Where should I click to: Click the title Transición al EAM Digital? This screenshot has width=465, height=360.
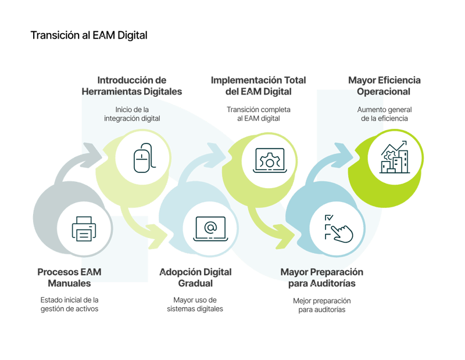[x=88, y=36]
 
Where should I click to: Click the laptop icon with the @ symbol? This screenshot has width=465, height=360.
[x=210, y=227]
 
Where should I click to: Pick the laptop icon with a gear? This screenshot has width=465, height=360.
[x=270, y=158]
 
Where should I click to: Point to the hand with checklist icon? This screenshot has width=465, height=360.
[x=338, y=227]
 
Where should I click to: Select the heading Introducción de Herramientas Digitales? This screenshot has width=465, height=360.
[x=139, y=86]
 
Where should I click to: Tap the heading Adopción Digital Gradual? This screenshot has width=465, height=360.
[x=195, y=278]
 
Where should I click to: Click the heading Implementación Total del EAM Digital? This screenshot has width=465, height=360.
[x=258, y=86]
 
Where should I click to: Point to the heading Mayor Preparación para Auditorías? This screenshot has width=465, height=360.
[x=321, y=278]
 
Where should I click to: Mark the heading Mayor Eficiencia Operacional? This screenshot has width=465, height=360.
[x=384, y=86]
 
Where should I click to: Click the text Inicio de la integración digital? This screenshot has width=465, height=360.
[x=132, y=114]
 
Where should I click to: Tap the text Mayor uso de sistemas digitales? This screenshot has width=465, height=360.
[x=195, y=304]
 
